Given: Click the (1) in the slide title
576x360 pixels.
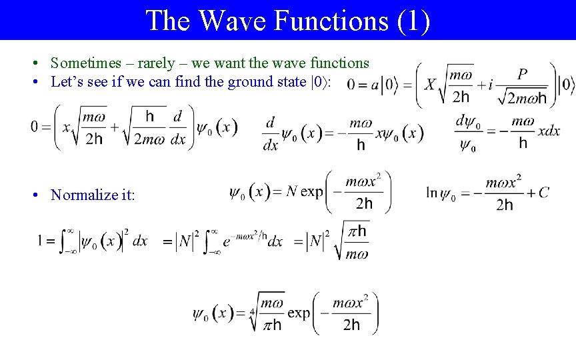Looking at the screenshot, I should click(413, 20).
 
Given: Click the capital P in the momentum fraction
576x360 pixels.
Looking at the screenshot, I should click(522, 74).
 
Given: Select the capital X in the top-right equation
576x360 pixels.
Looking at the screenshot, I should click(430, 85).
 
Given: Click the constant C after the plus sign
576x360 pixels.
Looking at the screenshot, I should click(544, 193).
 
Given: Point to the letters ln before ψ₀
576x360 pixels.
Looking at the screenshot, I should click(431, 193).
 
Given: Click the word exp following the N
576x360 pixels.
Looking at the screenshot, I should click(312, 193).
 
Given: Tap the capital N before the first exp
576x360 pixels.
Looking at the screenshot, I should click(291, 193).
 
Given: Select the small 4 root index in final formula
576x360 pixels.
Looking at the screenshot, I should click(253, 311).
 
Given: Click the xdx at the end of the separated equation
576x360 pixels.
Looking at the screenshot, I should click(549, 131).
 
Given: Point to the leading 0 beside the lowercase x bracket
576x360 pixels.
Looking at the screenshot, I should click(34, 127).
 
